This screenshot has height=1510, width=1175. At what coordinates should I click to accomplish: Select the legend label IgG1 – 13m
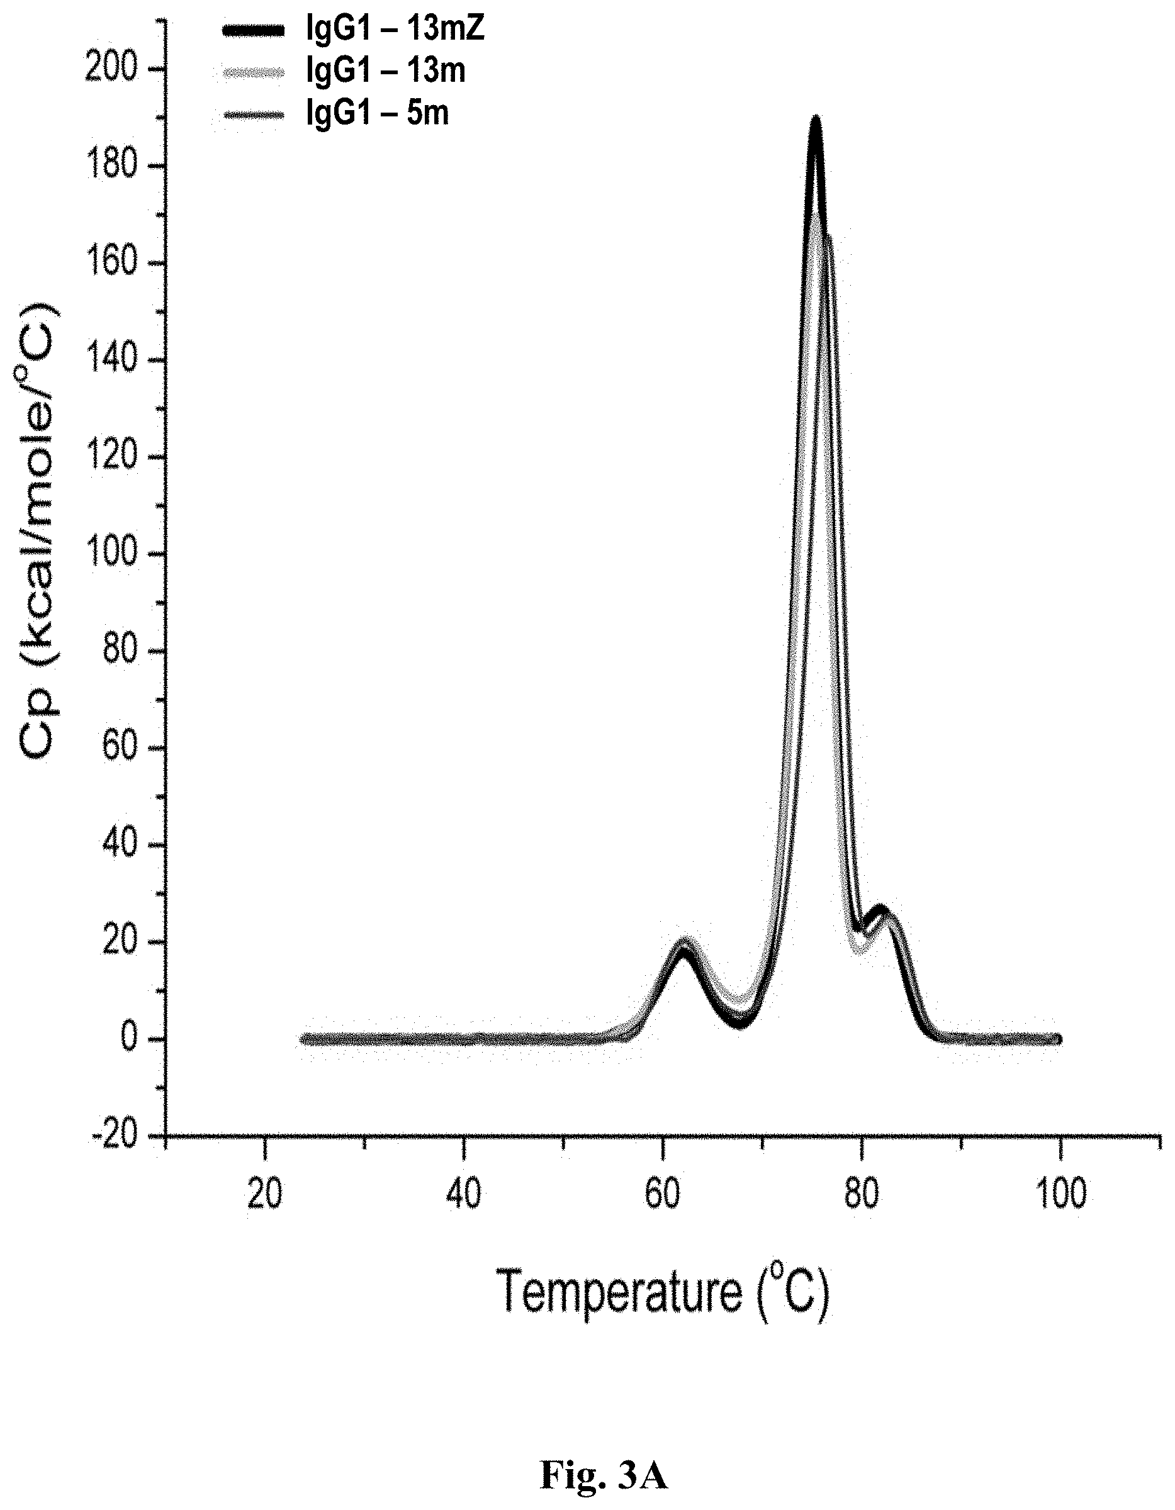pos(385,70)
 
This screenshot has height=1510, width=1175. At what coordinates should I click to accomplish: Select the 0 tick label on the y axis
pos(132,1039)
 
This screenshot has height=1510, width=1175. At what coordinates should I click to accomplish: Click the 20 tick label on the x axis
pos(265,1195)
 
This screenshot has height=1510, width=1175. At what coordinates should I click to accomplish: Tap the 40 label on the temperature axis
pos(463,1195)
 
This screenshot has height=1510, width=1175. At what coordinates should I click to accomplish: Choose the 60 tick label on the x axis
pos(663,1195)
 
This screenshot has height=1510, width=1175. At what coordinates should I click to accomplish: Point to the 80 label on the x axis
pos(862,1195)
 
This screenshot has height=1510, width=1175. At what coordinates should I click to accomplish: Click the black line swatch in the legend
pos(253,30)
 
